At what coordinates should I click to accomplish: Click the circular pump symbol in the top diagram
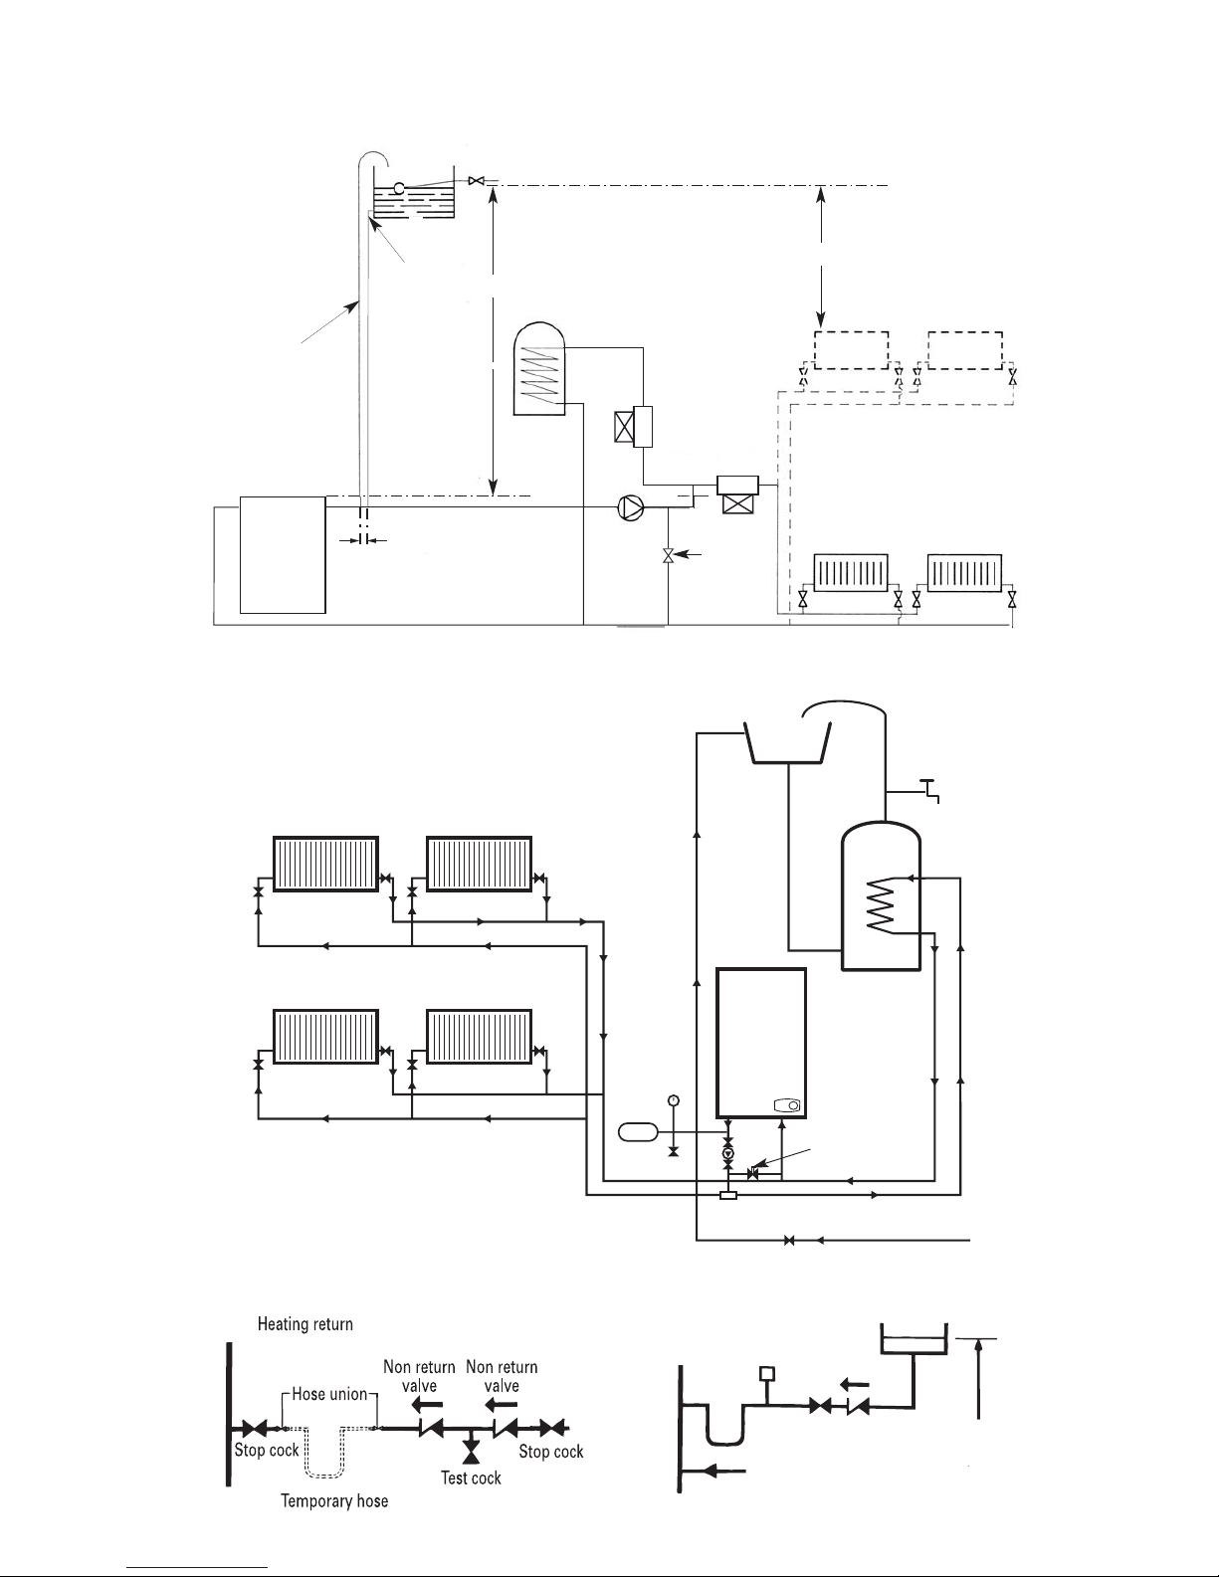[631, 507]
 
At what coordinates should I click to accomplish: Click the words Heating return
[305, 1324]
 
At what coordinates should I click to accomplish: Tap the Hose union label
[329, 1394]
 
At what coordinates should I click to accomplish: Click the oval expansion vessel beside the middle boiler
[639, 1131]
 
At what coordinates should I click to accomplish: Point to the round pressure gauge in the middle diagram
[674, 1099]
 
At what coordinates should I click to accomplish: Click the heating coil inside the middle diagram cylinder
[880, 905]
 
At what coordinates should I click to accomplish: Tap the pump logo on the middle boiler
[788, 1105]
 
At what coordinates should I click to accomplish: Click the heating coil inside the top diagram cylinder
[540, 373]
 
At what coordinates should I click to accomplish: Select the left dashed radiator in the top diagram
[851, 349]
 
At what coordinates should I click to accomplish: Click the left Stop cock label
[267, 1450]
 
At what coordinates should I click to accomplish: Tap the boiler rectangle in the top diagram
[283, 555]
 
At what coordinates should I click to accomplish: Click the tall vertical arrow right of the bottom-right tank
[980, 1379]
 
